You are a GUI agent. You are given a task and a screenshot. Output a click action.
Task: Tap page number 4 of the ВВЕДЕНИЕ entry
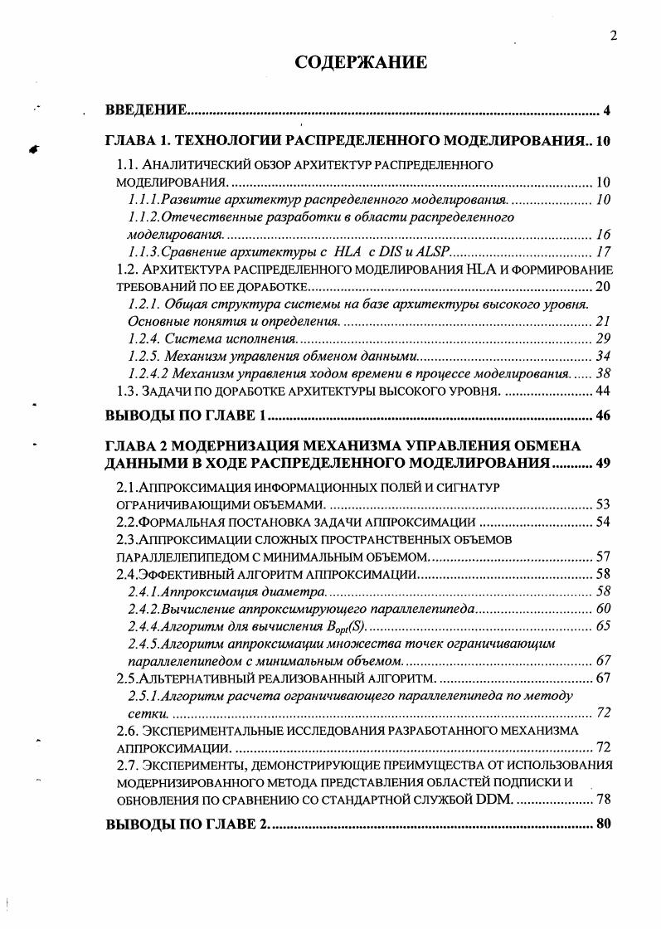(607, 111)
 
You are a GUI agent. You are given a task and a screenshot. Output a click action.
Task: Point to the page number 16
(603, 235)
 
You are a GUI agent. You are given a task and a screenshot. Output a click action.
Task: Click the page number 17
(603, 252)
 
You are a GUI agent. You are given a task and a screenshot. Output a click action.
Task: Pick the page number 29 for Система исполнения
(603, 338)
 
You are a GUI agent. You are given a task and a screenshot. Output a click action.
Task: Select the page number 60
(603, 608)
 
